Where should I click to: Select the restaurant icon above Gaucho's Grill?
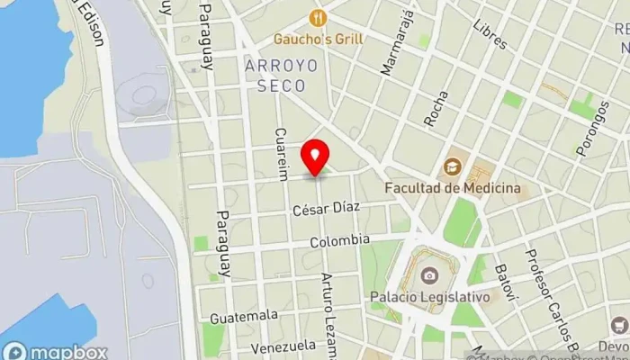(317, 17)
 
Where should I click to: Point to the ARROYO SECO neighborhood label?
(274, 76)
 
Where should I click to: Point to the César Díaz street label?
(325, 209)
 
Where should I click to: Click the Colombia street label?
(339, 241)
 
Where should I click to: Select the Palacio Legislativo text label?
(429, 296)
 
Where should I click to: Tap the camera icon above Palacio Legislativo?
(429, 274)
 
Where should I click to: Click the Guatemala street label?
(244, 316)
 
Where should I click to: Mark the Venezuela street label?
(283, 346)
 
